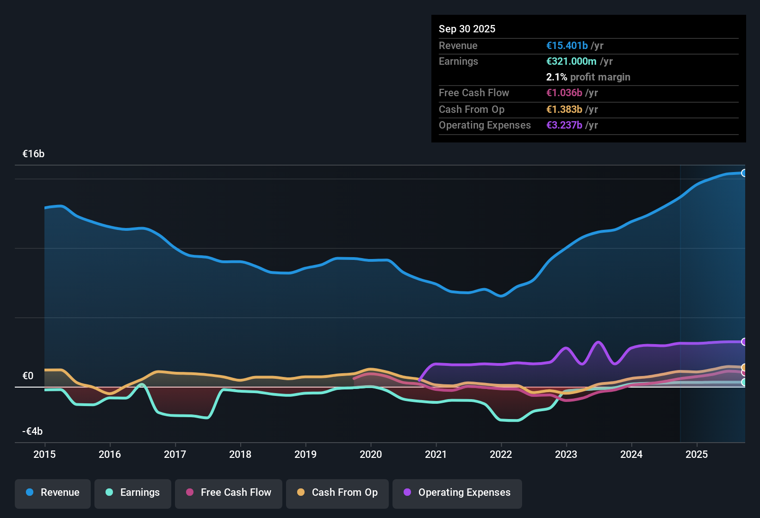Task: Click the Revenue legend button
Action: tap(53, 493)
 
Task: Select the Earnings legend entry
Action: tap(133, 493)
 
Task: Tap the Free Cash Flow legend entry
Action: tap(229, 493)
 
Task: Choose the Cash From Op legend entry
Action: tap(337, 493)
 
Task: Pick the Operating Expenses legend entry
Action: tap(457, 493)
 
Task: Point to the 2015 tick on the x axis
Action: tap(44, 454)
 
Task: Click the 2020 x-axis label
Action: tap(371, 454)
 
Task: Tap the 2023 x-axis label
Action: tap(566, 454)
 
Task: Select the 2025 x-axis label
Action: tap(697, 454)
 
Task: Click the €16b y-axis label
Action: tap(33, 154)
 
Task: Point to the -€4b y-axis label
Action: tap(32, 431)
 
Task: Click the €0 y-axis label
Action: tap(28, 376)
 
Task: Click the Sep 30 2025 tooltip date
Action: tap(467, 29)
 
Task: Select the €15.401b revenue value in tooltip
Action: tap(567, 45)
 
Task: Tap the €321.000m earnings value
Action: tap(571, 61)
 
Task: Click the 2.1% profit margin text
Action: tap(588, 77)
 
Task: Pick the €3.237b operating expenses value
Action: tap(564, 125)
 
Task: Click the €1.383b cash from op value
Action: tap(564, 109)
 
